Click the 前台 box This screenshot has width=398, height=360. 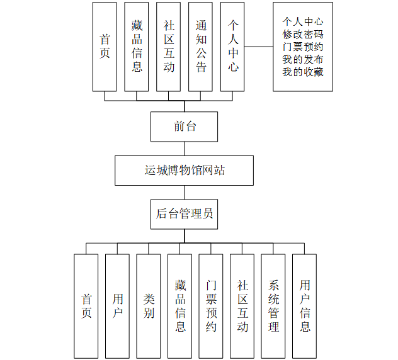185,127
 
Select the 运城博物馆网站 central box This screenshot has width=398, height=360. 184,170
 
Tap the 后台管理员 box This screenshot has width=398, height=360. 185,214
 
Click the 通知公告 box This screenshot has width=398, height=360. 201,46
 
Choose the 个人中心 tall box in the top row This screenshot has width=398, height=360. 233,46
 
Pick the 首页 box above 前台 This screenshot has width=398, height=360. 105,46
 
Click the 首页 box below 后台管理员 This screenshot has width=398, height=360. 86,305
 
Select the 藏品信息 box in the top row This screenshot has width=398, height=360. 137,46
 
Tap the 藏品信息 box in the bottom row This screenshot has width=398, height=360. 180,305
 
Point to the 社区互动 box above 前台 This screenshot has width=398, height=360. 169,46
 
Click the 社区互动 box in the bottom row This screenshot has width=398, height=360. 242,305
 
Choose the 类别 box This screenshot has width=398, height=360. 149,305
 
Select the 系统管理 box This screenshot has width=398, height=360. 273,305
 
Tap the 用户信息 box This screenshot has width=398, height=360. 305,305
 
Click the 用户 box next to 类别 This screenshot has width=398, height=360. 118,305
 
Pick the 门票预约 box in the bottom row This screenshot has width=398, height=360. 211,305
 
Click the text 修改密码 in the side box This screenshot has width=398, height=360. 303,34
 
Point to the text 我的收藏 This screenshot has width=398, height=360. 303,72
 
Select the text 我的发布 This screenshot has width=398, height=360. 303,59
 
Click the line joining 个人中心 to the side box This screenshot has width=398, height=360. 259,47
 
